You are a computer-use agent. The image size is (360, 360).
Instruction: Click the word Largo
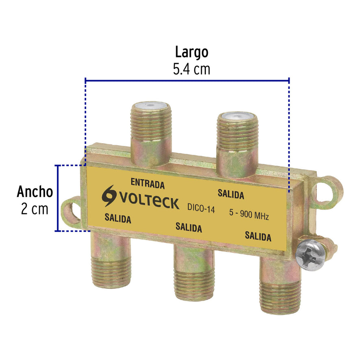tap(192, 52)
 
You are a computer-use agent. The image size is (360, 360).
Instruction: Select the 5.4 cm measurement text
tap(192, 69)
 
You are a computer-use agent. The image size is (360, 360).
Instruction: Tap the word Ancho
tap(35, 192)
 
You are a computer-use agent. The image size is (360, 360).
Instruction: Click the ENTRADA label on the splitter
tap(147, 183)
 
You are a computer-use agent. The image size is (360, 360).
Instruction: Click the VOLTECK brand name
tap(148, 201)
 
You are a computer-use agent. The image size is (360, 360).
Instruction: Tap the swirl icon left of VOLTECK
tap(109, 196)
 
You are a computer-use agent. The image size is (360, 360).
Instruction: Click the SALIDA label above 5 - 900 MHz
tap(231, 194)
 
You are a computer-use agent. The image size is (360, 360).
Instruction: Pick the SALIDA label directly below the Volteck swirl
tap(118, 218)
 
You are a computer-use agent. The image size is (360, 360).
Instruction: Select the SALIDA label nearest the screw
tap(258, 236)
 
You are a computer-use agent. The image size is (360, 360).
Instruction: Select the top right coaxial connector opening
tap(237, 117)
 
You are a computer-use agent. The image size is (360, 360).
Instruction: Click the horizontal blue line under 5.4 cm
tap(187, 80)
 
